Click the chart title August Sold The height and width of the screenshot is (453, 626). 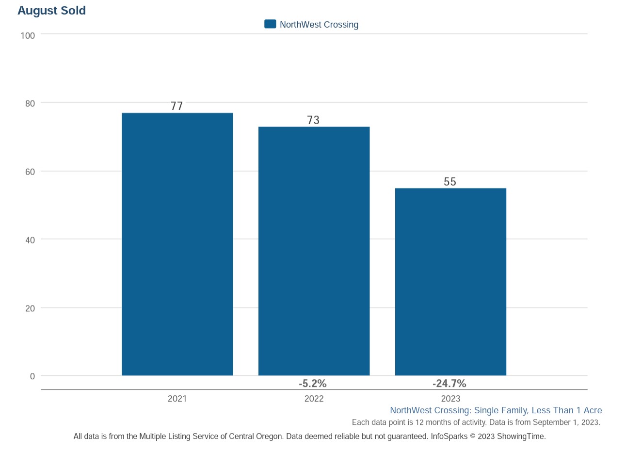[x=51, y=11]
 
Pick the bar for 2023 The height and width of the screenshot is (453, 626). [x=450, y=281]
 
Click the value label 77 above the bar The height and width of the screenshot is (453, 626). [x=177, y=106]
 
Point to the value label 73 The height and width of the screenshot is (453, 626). [x=314, y=120]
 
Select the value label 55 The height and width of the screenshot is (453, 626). [x=450, y=181]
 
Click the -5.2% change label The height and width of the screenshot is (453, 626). [x=313, y=384]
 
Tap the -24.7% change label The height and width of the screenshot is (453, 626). [x=449, y=384]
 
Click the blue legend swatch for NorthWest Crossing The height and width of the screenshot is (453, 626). [x=270, y=24]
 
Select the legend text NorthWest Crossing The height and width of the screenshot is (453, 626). [x=319, y=25]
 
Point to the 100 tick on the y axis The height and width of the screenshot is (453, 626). [x=28, y=35]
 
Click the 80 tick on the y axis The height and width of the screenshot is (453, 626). [x=30, y=103]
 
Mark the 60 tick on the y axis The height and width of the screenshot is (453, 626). [x=30, y=172]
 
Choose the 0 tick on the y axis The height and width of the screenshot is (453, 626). [x=32, y=376]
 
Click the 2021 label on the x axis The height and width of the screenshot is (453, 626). [x=177, y=399]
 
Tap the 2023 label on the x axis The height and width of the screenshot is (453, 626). [x=450, y=399]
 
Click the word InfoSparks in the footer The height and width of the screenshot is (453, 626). [x=449, y=437]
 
